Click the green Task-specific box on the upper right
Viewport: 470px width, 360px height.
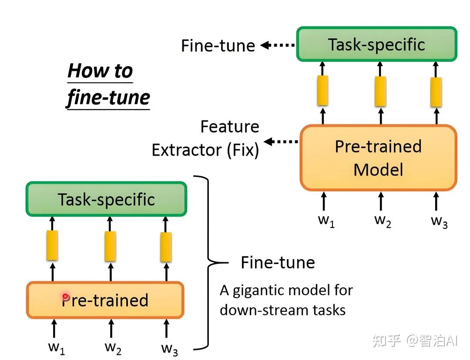[377, 44]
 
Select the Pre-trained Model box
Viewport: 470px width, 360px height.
[378, 158]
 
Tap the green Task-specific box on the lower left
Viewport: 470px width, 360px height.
[107, 199]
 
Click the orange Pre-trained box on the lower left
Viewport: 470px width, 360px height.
[105, 300]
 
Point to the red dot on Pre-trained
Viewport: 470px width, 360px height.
[66, 297]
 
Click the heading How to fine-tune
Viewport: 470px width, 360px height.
[107, 84]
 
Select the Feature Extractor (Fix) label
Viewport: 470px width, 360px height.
[205, 138]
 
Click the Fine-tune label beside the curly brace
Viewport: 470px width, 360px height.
[278, 263]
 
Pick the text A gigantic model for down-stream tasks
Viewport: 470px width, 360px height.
[286, 300]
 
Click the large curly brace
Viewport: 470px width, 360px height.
[208, 263]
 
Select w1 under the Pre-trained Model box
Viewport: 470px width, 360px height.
[326, 220]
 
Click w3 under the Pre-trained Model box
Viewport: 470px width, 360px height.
[439, 221]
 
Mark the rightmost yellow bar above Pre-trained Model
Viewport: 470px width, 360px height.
[436, 92]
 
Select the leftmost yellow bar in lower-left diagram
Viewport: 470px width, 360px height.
[52, 246]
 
